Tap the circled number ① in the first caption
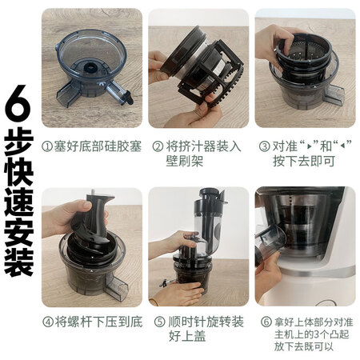tap(46, 146)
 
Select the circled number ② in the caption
tap(158, 146)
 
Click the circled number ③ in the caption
tap(265, 146)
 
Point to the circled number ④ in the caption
tap(48, 322)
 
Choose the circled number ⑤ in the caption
tap(160, 322)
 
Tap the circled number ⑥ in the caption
tap(266, 322)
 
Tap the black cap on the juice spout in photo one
tap(129, 98)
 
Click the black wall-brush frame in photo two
tap(210, 74)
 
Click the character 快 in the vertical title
tap(18, 172)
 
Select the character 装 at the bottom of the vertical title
tap(18, 262)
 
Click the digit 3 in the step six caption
tap(317, 334)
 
